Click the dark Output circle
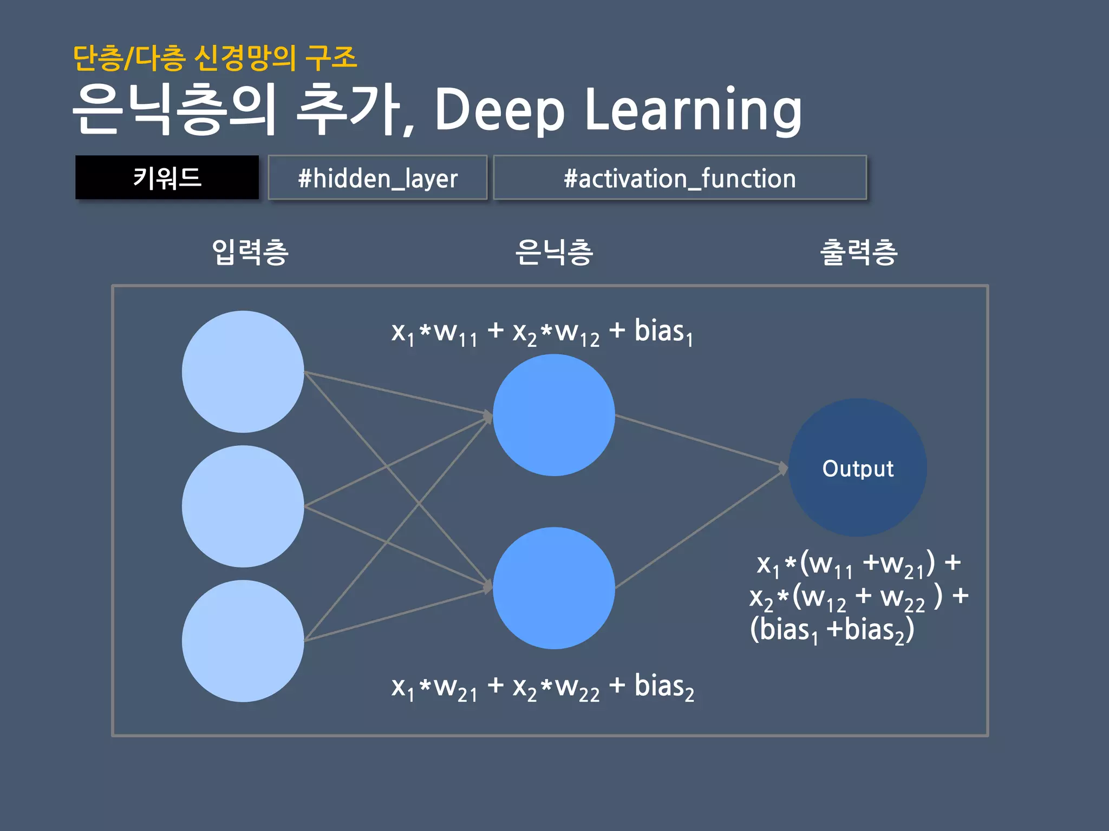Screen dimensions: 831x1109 858,468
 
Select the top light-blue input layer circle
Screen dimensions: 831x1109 243,372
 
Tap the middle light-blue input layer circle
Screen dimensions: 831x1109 243,506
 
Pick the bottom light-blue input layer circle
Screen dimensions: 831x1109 243,641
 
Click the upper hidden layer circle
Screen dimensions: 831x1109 553,415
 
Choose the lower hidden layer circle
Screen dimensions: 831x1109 553,588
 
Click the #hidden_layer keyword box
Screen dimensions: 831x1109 377,178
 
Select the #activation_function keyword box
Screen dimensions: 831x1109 680,178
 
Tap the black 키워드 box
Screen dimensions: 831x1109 167,177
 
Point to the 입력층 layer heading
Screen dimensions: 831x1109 250,252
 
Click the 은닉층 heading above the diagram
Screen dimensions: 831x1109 554,252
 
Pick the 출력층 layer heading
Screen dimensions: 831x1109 859,252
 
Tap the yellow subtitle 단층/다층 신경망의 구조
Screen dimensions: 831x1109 215,58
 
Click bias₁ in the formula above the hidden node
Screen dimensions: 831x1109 663,332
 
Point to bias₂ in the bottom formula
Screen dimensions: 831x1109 664,687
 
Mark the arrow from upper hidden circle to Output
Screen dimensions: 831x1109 701,441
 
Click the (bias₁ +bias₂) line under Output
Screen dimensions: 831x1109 832,630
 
